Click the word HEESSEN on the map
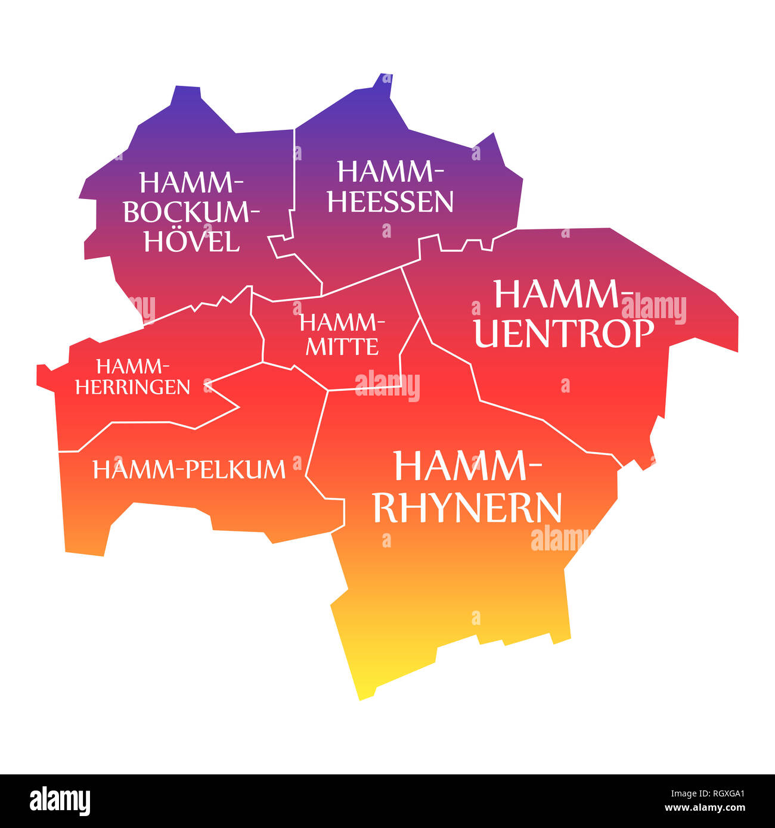390,202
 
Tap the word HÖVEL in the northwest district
191,242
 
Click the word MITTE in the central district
342,346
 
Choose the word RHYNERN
467,508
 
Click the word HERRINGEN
132,387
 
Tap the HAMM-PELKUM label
189,470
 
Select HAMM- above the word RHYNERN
467,466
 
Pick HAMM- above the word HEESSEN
390,172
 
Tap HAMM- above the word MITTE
342,323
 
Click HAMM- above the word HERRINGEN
132,366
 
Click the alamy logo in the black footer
60,801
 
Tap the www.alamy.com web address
705,808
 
